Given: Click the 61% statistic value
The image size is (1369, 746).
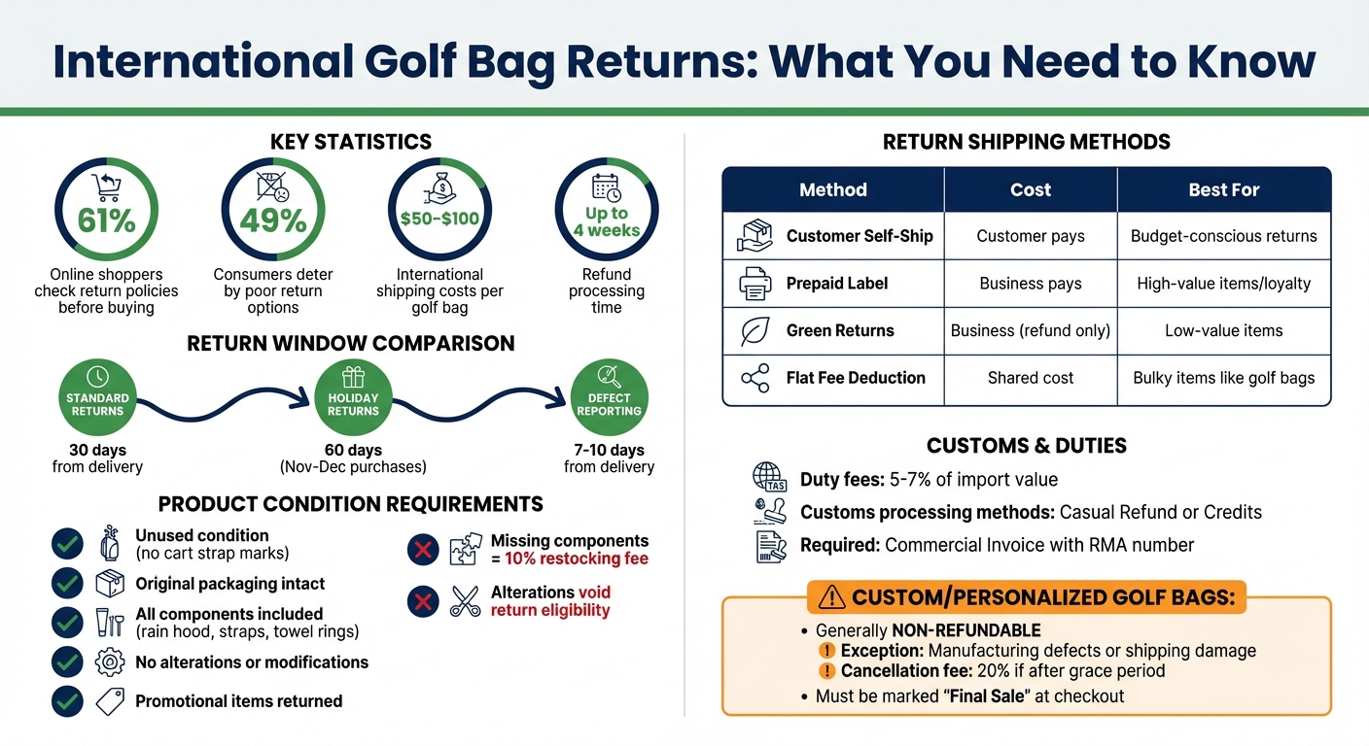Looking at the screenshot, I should point(106,220).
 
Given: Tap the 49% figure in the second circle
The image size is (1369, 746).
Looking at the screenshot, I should point(273,220).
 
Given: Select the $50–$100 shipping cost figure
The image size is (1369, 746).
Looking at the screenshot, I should point(439,219).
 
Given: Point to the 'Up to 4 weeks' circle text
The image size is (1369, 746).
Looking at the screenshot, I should point(606,221).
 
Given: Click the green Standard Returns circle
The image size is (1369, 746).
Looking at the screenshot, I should point(97,397).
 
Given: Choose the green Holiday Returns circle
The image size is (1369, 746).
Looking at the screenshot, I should point(353,397).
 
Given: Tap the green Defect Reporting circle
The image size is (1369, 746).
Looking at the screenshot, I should point(609,397).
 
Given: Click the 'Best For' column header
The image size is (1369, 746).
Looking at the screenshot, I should point(1223,190).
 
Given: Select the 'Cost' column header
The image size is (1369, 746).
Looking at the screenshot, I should point(1030,190).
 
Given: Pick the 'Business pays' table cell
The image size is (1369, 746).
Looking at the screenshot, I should point(1030,284).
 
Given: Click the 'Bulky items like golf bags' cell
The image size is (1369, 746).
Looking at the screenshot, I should point(1223,378).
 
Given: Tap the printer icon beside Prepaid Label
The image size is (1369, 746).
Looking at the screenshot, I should point(755,284).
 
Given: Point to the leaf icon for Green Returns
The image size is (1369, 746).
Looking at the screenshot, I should point(755,331).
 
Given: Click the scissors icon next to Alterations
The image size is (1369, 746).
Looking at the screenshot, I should point(465,601).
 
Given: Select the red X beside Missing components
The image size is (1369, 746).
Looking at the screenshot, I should point(422,551).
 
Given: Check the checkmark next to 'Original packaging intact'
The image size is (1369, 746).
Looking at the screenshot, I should point(67,584).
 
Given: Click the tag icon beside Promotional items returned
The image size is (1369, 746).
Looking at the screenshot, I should point(110,701).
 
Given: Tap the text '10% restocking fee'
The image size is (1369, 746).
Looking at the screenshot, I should point(576,559).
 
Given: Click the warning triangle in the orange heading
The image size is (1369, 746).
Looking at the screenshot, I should point(832,597).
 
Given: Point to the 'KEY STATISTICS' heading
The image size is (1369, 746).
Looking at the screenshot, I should point(350,143).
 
